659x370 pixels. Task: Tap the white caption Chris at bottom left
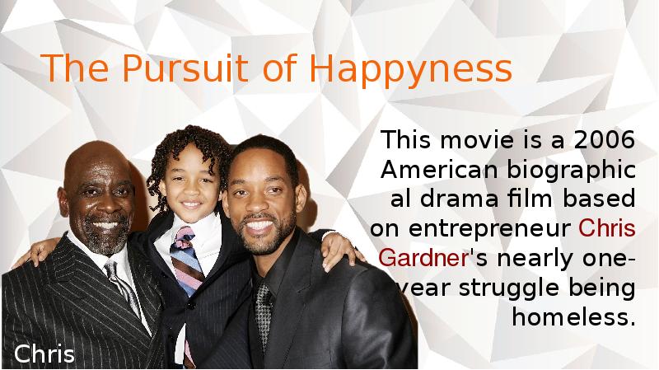pyautogui.click(x=44, y=355)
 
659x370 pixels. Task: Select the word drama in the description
pyautogui.click(x=461, y=199)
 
